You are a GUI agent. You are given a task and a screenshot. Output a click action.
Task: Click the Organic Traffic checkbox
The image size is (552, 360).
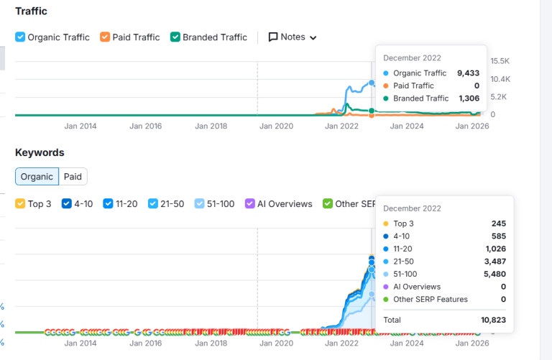point(20,37)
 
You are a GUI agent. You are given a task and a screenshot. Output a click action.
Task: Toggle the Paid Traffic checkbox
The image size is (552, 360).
point(105,37)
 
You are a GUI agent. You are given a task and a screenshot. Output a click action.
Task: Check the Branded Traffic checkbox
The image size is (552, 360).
point(175,37)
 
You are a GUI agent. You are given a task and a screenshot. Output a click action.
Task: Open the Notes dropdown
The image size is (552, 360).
point(293,37)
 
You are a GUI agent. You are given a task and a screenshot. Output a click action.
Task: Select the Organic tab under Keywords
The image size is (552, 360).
point(37,177)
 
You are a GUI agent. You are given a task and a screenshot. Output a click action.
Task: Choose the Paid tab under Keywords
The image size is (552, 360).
point(73,177)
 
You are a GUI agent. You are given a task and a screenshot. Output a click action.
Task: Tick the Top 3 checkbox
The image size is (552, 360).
point(20,204)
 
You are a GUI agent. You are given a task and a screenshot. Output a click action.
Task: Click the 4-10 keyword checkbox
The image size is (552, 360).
point(67,204)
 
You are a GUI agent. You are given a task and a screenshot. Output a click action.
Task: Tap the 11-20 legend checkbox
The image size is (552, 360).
point(108,204)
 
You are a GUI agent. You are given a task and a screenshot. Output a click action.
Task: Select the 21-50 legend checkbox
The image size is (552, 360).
point(153,204)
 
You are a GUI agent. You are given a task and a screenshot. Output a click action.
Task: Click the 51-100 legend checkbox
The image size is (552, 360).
point(200,204)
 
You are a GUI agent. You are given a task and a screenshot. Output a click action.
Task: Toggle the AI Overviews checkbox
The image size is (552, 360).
point(250,204)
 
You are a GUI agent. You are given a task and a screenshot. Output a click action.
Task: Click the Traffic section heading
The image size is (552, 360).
point(31,11)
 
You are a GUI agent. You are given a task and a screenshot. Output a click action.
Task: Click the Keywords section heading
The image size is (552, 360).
point(40,152)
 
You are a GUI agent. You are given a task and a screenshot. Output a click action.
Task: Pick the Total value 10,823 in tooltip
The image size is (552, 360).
point(492,320)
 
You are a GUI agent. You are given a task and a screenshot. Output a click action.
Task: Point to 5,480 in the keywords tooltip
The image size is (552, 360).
point(495,274)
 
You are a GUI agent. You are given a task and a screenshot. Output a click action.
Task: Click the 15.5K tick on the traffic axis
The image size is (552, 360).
point(500,61)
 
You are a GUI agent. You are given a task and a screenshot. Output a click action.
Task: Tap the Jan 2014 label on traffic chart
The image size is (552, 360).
point(80,126)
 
